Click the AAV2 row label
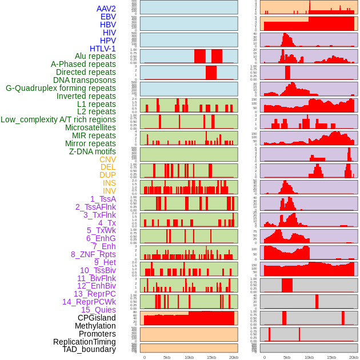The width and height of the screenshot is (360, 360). pyautogui.click(x=106, y=9)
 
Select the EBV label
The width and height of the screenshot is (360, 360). pyautogui.click(x=108, y=17)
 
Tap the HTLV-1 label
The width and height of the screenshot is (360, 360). pyautogui.click(x=103, y=49)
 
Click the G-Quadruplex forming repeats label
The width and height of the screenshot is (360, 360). pyautogui.click(x=61, y=88)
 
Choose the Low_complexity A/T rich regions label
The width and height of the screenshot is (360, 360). pyautogui.click(x=58, y=119)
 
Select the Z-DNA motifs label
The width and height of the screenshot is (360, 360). pyautogui.click(x=93, y=151)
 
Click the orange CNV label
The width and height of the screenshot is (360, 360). pyautogui.click(x=107, y=159)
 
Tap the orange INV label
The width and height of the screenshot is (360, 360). pyautogui.click(x=109, y=191)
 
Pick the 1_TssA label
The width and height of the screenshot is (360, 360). pyautogui.click(x=103, y=199)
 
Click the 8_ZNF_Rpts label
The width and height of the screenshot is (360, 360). pyautogui.click(x=93, y=254)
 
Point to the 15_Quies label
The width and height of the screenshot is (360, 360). pyautogui.click(x=98, y=310)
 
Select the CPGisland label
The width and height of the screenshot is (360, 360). pyautogui.click(x=97, y=318)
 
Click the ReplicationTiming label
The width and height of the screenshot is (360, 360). pyautogui.click(x=85, y=342)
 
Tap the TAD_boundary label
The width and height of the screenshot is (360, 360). pyautogui.click(x=89, y=349)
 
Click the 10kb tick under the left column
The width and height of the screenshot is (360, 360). pyautogui.click(x=189, y=357)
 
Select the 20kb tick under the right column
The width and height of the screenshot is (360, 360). pyautogui.click(x=354, y=357)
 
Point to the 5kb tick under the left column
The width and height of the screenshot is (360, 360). pyautogui.click(x=167, y=357)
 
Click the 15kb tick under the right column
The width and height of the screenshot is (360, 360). pyautogui.click(x=331, y=357)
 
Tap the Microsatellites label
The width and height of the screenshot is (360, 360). pyautogui.click(x=90, y=127)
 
